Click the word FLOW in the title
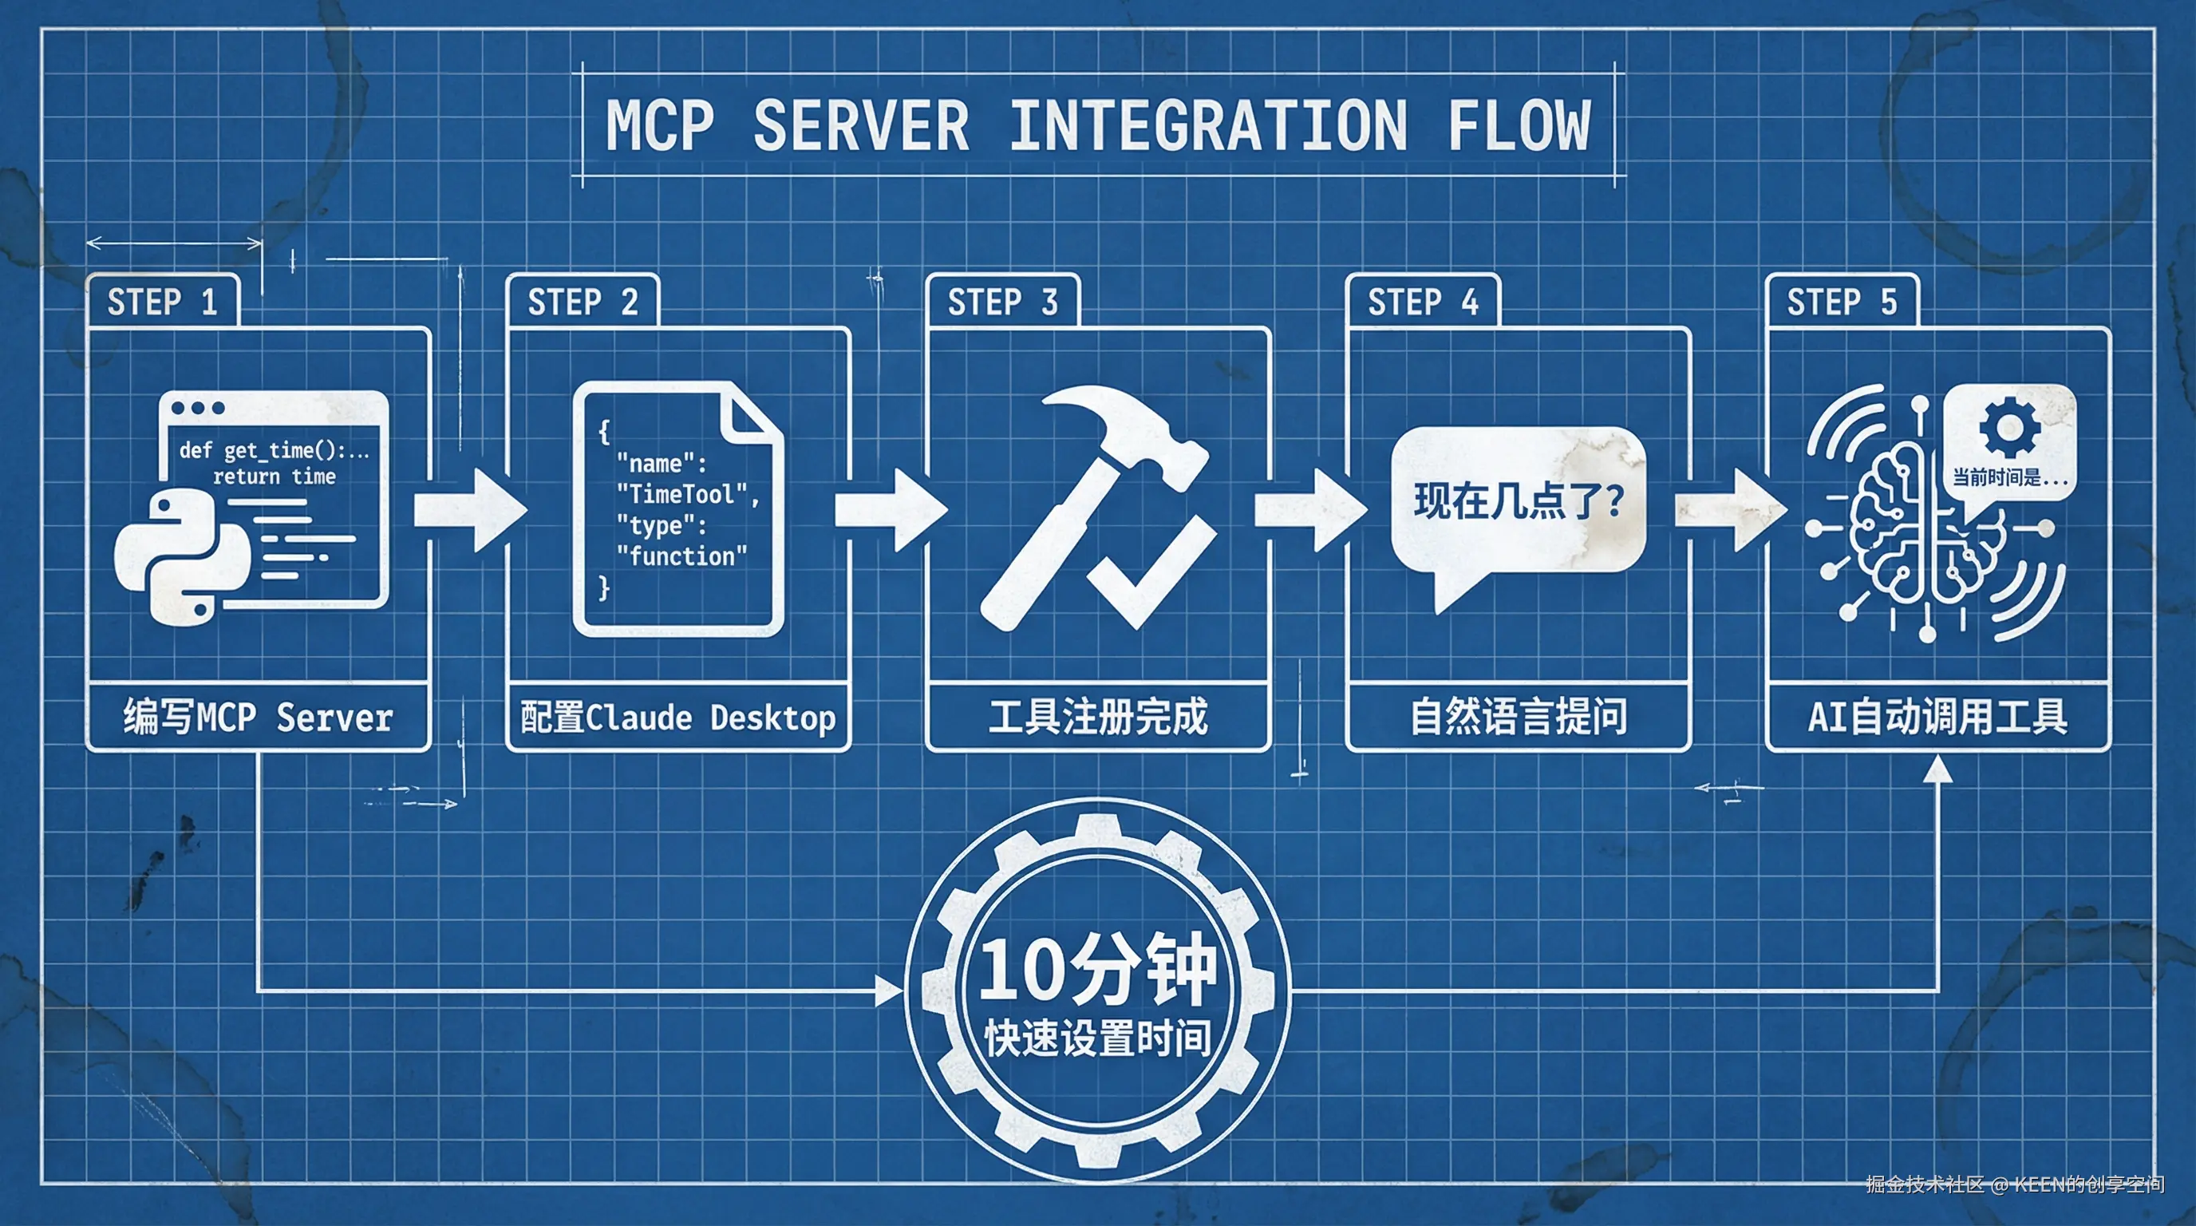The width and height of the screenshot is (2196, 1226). click(1519, 126)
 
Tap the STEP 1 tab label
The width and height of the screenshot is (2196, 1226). click(162, 302)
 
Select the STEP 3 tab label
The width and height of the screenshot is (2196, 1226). click(1002, 302)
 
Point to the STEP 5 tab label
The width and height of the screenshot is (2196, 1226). click(1842, 302)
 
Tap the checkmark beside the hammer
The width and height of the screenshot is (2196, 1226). click(1151, 571)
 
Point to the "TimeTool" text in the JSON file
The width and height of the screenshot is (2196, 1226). click(681, 495)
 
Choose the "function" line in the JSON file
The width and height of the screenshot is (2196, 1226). click(681, 557)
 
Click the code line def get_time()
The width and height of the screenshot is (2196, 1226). click(273, 450)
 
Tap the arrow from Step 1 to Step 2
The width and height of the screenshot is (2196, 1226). click(470, 510)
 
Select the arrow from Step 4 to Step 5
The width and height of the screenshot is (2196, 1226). click(1731, 510)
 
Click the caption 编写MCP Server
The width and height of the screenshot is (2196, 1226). click(258, 717)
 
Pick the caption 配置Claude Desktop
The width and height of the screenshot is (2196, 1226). click(677, 717)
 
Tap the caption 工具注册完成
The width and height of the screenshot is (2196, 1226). click(1098, 717)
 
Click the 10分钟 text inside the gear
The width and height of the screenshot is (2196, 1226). click(1098, 968)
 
